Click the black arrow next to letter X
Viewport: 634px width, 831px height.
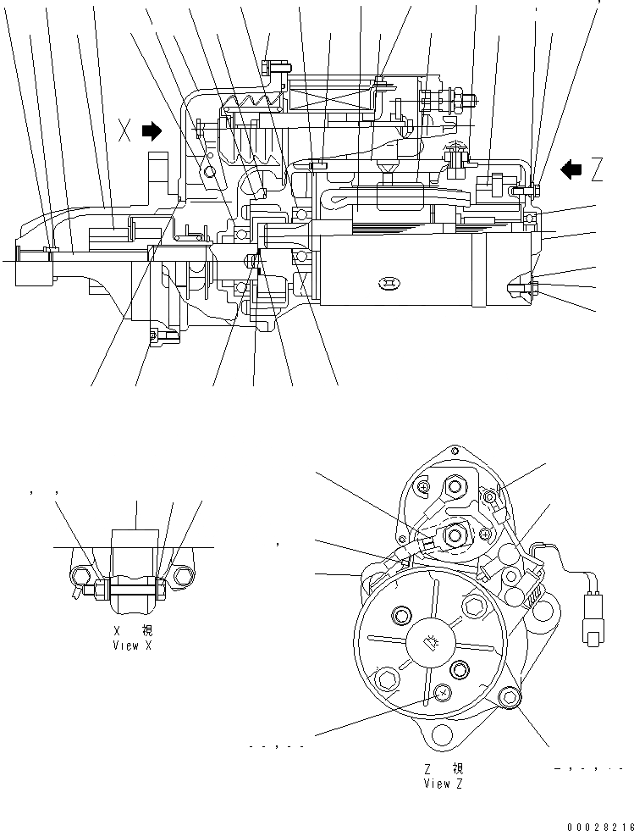click(152, 130)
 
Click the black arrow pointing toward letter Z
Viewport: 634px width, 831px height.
click(572, 170)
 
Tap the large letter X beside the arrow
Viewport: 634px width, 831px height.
click(124, 131)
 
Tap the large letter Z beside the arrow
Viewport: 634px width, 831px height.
click(598, 171)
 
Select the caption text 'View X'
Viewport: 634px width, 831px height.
click(134, 645)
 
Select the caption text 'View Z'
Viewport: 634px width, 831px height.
click(443, 784)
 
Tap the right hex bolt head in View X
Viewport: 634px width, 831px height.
click(181, 579)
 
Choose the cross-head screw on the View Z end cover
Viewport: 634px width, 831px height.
click(440, 694)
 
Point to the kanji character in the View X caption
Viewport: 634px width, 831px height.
click(147, 631)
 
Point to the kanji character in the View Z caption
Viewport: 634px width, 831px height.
click(457, 769)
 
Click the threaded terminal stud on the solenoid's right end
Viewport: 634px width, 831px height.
click(467, 101)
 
